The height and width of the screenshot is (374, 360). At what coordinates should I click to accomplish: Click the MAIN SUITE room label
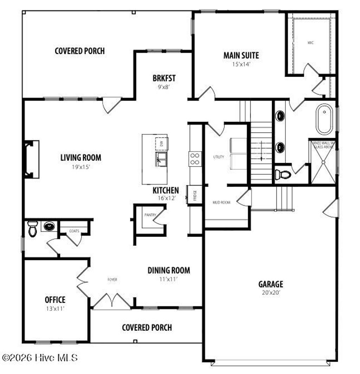[x=241, y=56]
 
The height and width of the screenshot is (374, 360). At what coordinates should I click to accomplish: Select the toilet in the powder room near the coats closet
[x=32, y=229]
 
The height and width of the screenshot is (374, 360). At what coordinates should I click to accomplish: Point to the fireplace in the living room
[x=31, y=159]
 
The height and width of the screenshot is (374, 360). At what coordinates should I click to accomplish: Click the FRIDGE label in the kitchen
[x=195, y=194]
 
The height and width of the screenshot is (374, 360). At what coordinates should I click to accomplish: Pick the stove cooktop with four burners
[x=195, y=159]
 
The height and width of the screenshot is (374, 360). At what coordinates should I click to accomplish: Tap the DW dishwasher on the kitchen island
[x=162, y=143]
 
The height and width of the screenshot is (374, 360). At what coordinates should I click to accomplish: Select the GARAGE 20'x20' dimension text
[x=270, y=292]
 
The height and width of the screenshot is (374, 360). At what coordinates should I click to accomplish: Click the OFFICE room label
[x=55, y=300]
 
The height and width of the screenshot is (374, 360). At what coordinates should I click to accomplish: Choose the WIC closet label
[x=310, y=43]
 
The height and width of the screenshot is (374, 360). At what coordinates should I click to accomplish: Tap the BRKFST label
[x=164, y=78]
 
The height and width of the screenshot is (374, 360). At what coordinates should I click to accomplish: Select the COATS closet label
[x=74, y=231]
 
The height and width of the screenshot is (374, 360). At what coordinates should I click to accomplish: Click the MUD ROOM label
[x=221, y=202]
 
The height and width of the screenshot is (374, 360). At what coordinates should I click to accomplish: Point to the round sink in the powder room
[x=49, y=226]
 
